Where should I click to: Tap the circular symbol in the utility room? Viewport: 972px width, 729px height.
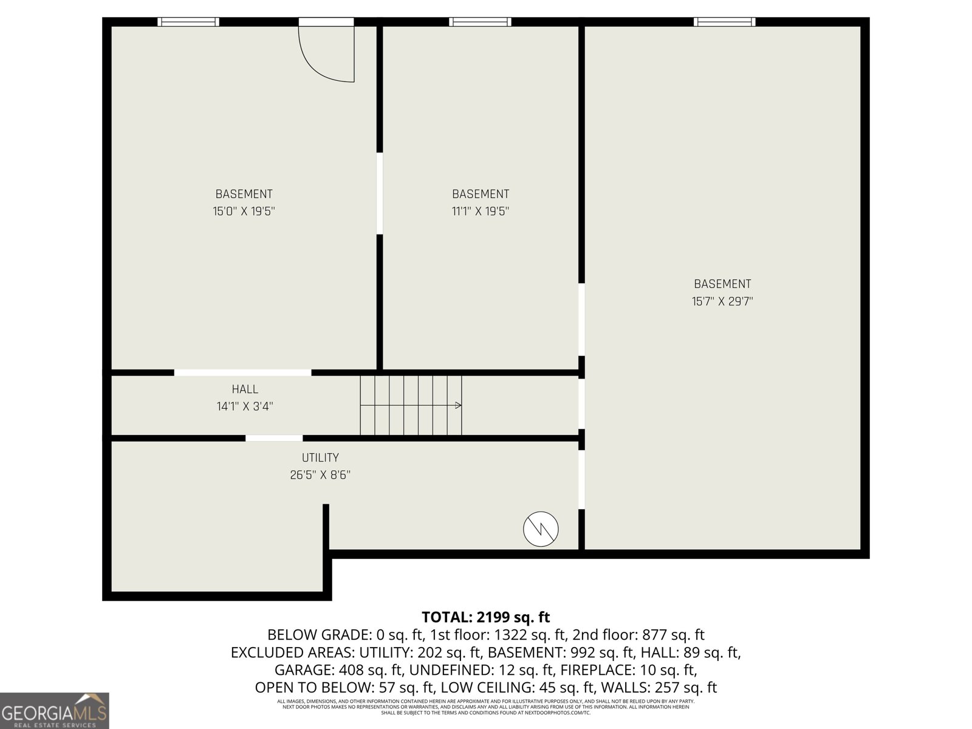tap(541, 529)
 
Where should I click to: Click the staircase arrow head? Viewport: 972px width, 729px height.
tap(459, 405)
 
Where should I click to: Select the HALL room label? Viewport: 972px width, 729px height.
tap(245, 389)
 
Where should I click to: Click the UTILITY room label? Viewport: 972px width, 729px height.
tap(320, 458)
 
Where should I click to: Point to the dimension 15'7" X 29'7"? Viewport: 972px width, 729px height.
tap(722, 301)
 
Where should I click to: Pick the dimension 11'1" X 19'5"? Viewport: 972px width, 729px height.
tap(480, 211)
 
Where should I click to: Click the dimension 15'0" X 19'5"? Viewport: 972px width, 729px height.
tap(244, 211)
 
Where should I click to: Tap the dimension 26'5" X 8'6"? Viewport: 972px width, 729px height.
tap(320, 475)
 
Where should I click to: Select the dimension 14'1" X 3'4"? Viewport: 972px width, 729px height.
tap(245, 406)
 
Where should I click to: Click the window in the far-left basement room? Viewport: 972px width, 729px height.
tap(188, 22)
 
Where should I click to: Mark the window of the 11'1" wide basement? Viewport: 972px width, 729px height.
tap(480, 22)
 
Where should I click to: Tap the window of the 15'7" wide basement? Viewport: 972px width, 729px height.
tap(725, 22)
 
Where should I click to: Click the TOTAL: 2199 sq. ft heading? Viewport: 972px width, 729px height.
tap(485, 617)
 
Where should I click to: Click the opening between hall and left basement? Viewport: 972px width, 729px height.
tap(242, 372)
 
